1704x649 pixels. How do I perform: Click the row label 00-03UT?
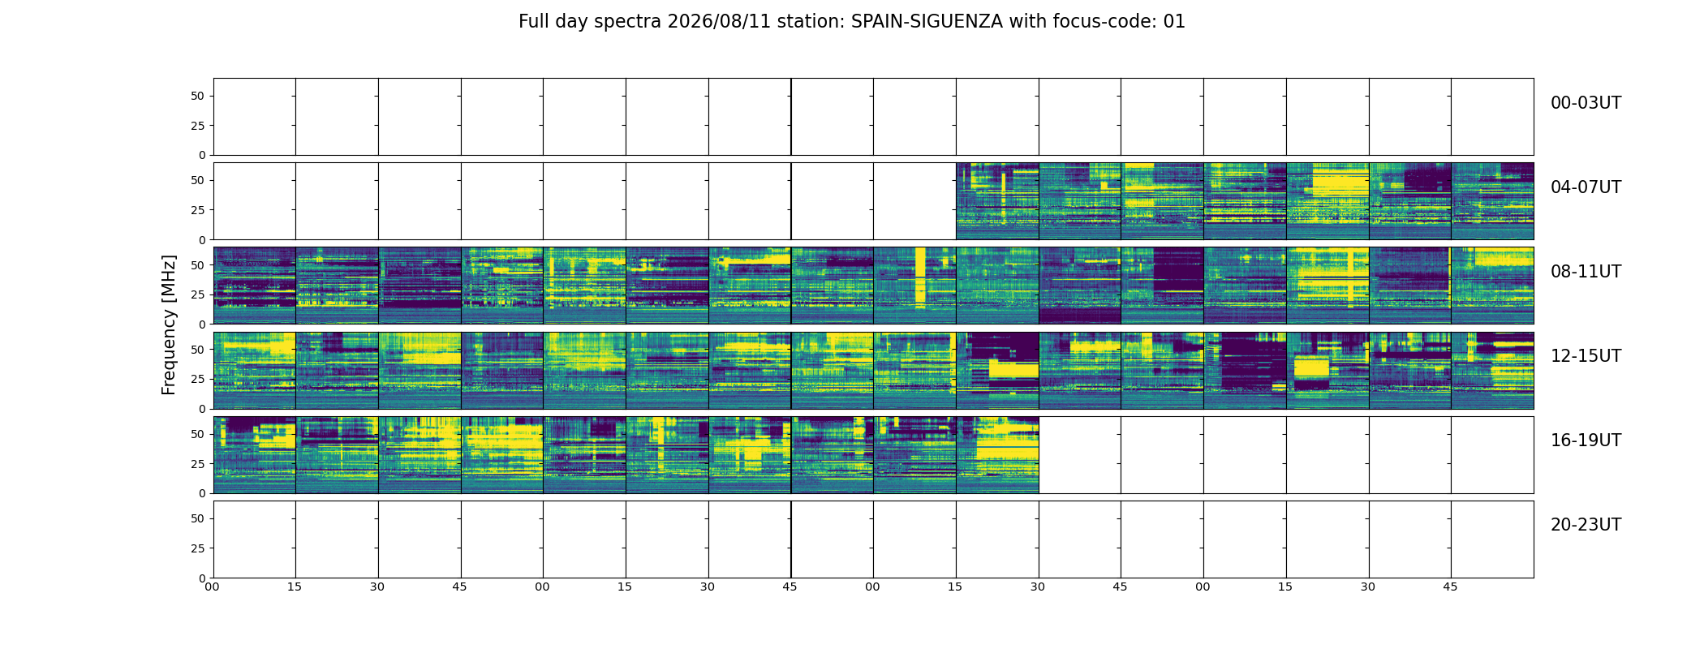pyautogui.click(x=1586, y=103)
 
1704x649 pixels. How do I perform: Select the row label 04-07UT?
pyautogui.click(x=1586, y=187)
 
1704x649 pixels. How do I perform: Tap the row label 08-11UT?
pyautogui.click(x=1586, y=272)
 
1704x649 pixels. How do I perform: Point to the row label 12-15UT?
pyautogui.click(x=1586, y=356)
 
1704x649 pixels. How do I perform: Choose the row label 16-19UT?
pyautogui.click(x=1586, y=441)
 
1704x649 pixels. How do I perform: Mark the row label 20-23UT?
pyautogui.click(x=1586, y=525)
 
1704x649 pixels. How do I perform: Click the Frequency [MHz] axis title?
pyautogui.click(x=169, y=324)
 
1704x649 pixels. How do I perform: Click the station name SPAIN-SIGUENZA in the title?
pyautogui.click(x=927, y=22)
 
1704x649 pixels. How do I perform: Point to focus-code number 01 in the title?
pyautogui.click(x=1174, y=22)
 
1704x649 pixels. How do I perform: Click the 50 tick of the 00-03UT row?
pyautogui.click(x=198, y=96)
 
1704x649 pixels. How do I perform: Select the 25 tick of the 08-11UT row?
pyautogui.click(x=198, y=294)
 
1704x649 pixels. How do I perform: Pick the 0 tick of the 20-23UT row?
pyautogui.click(x=201, y=578)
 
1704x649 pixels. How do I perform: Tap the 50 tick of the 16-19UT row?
pyautogui.click(x=198, y=434)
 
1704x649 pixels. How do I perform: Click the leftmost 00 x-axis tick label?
pyautogui.click(x=212, y=587)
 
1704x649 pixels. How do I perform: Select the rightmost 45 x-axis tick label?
pyautogui.click(x=1450, y=587)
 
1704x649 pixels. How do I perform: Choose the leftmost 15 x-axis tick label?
pyautogui.click(x=295, y=587)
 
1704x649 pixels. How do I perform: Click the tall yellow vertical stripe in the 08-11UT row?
pyautogui.click(x=920, y=277)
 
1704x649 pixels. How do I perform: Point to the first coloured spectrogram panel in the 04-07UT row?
pyautogui.click(x=997, y=201)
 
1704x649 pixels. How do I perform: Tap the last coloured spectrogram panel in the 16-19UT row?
pyautogui.click(x=997, y=455)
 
